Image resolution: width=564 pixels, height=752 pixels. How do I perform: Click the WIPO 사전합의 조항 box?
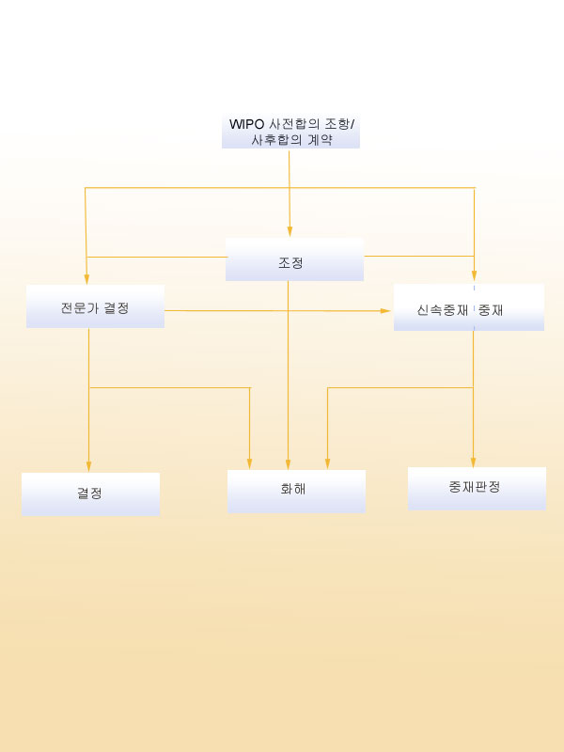point(290,132)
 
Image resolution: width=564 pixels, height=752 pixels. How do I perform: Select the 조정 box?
point(294,259)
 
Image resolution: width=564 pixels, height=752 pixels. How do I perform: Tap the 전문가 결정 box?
point(96,306)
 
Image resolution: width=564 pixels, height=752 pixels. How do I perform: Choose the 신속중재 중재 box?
point(469,307)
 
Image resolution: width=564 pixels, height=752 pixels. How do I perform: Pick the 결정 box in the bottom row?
point(90,494)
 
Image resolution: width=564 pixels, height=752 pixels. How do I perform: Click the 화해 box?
point(296,492)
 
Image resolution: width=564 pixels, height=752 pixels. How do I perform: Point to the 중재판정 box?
point(477,489)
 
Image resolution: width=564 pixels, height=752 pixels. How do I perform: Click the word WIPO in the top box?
point(247,124)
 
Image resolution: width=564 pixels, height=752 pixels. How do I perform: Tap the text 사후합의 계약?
point(292,140)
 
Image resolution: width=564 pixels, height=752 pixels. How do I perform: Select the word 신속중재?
point(442,310)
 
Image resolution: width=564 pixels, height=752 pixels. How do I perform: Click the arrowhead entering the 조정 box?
point(290,232)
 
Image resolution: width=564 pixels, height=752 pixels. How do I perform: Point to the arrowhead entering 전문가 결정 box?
point(86,279)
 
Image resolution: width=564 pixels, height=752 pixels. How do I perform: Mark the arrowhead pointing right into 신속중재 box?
point(385,311)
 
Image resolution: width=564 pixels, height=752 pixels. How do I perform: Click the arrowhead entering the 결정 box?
point(88,467)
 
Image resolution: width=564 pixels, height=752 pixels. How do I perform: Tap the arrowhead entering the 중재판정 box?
point(474,462)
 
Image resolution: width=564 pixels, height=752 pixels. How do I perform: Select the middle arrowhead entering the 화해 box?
point(289,464)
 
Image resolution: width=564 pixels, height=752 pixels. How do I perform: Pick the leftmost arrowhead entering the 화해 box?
point(249,464)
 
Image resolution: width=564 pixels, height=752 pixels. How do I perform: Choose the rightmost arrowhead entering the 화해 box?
point(327,464)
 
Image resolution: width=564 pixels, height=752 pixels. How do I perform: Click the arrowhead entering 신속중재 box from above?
point(475,275)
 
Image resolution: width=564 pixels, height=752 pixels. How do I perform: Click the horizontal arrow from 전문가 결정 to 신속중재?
point(277,311)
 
